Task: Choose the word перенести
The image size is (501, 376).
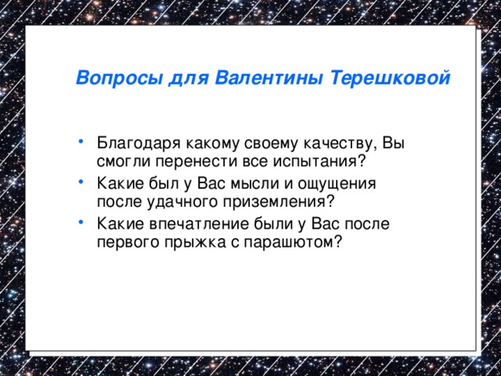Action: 187,161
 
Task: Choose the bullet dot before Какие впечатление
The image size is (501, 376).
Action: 82,223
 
